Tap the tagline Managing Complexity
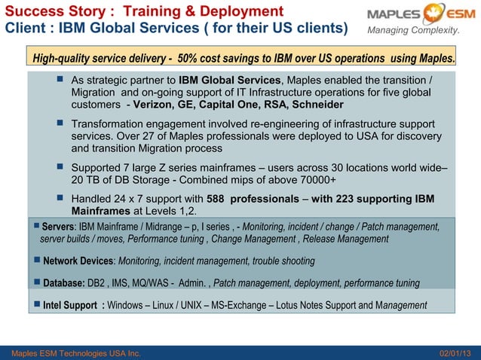[412, 31]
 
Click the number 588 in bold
[216, 199]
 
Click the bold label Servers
[57, 227]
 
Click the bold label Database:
[64, 283]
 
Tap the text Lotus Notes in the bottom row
[323, 306]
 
